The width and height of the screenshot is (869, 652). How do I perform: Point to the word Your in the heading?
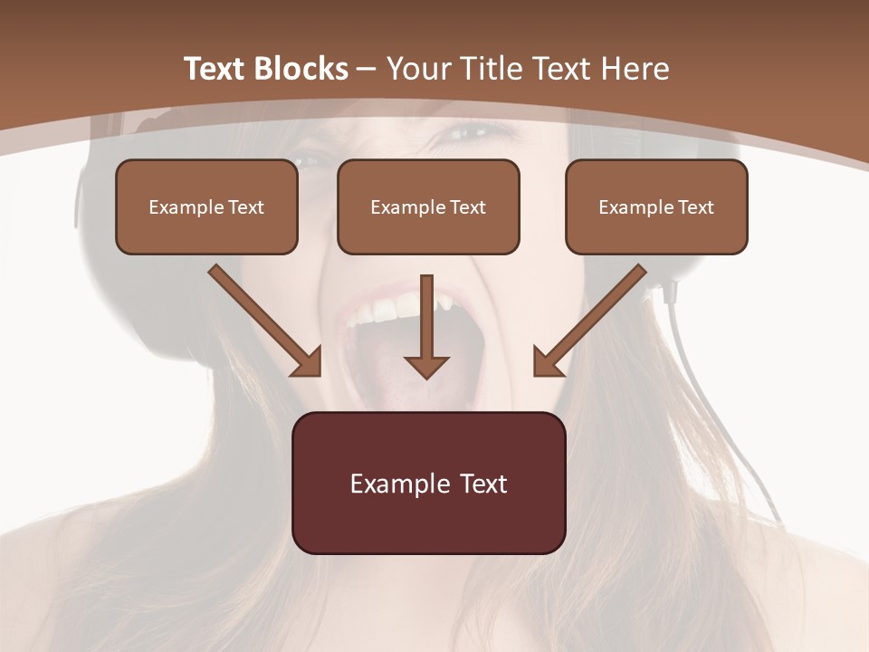416,69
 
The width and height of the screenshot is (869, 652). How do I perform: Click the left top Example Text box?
206,206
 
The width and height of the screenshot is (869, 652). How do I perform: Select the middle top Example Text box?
428,206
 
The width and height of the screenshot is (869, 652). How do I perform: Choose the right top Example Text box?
656,206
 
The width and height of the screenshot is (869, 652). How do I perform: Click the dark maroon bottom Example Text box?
428,483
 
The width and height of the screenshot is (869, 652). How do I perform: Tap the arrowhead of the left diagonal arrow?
308,362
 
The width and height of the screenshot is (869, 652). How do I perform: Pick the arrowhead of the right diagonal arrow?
547,362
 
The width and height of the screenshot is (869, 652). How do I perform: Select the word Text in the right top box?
696,207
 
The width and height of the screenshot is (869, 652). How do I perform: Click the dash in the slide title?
367,69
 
